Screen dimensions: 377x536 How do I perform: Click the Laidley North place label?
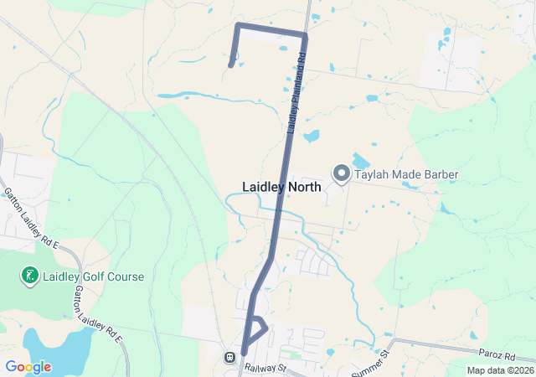pos(281,187)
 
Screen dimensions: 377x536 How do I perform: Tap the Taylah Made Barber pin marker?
pos(342,173)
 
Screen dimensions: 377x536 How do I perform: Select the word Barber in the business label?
pos(438,174)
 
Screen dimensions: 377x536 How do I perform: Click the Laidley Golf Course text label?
pos(94,276)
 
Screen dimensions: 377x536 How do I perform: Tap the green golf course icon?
pos(29,276)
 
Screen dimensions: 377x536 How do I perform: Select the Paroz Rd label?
pos(497,356)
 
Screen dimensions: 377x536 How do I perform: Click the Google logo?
pos(28,367)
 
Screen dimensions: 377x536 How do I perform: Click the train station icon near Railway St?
pos(229,357)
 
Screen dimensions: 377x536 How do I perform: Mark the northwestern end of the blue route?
pos(230,64)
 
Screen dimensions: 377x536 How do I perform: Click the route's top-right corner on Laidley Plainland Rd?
pos(305,35)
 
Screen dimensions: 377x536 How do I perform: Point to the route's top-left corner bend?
pos(239,26)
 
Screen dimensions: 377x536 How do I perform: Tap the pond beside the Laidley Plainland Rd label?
pos(312,136)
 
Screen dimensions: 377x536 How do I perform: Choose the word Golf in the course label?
pos(92,276)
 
